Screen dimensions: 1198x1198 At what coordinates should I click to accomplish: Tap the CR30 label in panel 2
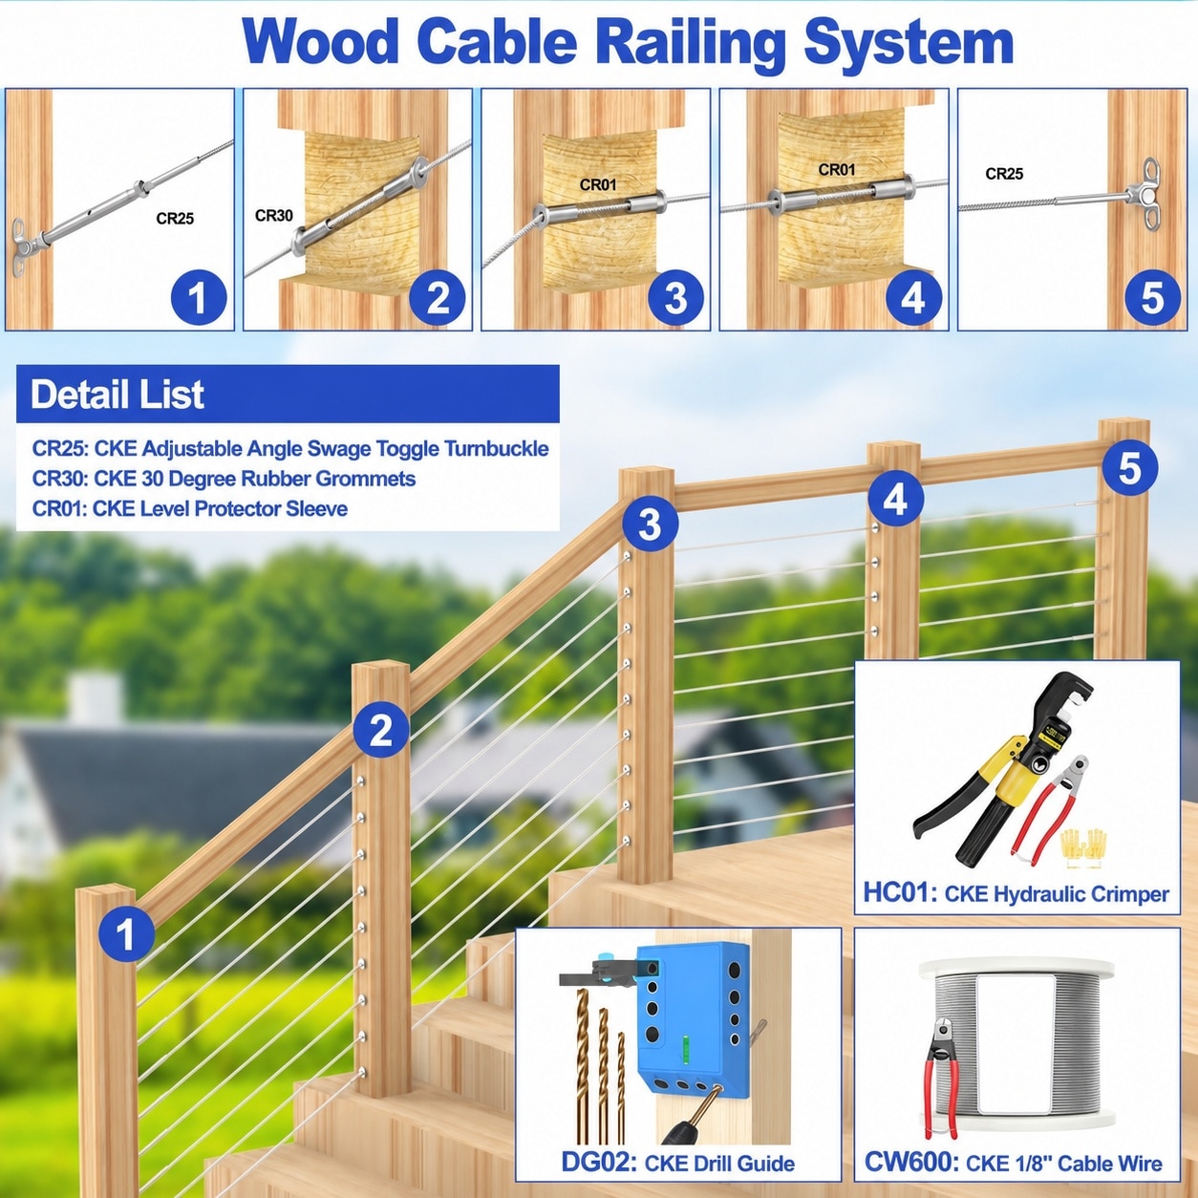[x=273, y=216]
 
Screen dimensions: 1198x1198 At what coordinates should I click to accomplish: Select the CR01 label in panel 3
[x=598, y=184]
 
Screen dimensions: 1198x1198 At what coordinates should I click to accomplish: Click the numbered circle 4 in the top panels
[x=913, y=298]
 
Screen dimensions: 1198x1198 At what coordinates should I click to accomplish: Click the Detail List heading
[x=117, y=395]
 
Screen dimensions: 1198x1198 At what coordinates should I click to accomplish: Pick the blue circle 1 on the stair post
[x=126, y=934]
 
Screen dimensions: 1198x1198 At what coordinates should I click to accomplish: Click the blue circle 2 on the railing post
[x=380, y=730]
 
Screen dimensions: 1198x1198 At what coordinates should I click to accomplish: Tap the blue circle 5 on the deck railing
[x=1129, y=467]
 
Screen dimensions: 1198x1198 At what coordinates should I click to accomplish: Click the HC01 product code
[x=900, y=892]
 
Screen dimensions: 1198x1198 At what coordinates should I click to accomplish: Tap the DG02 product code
[x=599, y=1163]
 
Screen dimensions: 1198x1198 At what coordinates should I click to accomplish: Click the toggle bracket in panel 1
[x=21, y=246]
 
